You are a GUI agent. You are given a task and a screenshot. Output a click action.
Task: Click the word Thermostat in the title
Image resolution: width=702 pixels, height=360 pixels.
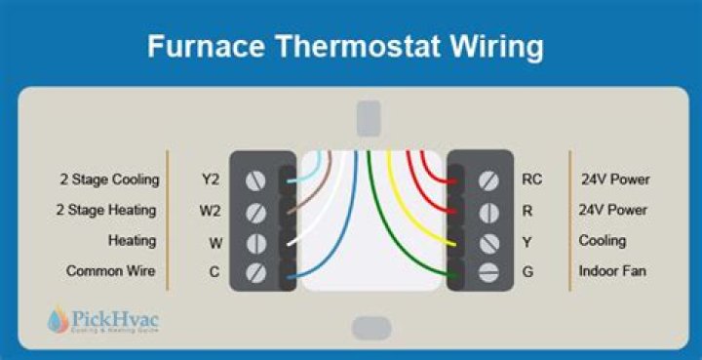[x=359, y=46]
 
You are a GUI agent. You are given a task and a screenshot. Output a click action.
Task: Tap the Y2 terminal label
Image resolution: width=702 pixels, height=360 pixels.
[x=210, y=180]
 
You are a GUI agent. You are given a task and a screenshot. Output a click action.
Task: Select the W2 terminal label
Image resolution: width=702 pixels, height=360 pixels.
[x=210, y=210]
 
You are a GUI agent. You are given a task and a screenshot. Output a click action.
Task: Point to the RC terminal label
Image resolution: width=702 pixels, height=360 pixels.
[x=532, y=180]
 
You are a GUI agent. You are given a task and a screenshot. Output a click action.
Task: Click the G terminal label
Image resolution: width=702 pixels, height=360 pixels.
[x=527, y=271]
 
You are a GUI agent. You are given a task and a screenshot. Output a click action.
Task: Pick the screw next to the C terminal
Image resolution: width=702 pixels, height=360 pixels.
[x=256, y=273]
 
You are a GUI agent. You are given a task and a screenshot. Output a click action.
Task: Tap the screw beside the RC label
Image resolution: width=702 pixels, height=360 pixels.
[x=488, y=180]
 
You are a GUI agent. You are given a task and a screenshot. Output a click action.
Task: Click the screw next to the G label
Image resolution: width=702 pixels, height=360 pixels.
[x=488, y=272]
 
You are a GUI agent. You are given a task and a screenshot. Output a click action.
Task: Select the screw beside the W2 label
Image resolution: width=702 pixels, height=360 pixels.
[x=256, y=213]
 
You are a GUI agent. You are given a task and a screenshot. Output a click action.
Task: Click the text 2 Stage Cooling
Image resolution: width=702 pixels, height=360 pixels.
[x=110, y=180]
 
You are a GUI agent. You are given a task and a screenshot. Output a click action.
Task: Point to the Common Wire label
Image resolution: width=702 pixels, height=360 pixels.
[x=110, y=270]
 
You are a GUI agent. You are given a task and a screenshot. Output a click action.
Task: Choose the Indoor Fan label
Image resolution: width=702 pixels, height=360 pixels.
[x=612, y=270]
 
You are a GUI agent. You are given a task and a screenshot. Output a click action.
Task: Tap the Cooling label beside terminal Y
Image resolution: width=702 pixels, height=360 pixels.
[x=603, y=240]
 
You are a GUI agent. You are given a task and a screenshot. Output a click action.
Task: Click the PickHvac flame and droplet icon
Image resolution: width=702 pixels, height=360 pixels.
[x=58, y=320]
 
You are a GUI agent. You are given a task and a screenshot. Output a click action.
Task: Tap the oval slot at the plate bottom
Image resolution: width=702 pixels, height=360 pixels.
[x=371, y=328]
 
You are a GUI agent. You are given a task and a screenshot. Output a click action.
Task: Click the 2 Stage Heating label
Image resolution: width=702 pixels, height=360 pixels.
[x=106, y=210]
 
